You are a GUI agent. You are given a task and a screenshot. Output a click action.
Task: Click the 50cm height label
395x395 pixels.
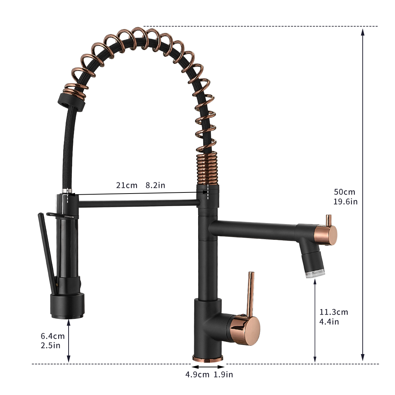pyautogui.click(x=344, y=192)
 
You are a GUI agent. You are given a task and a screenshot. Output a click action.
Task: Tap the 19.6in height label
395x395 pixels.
pyautogui.click(x=345, y=201)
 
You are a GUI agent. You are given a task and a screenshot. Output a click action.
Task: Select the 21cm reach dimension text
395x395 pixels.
pyautogui.click(x=126, y=185)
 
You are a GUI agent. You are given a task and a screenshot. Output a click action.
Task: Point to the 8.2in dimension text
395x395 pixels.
pyautogui.click(x=155, y=185)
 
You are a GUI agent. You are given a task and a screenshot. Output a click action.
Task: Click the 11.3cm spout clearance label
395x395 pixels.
pyautogui.click(x=334, y=312)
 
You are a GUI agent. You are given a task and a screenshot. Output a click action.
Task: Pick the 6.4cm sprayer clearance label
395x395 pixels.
pyautogui.click(x=52, y=336)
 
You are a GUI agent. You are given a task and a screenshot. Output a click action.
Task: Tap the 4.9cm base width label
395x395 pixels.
pyautogui.click(x=197, y=375)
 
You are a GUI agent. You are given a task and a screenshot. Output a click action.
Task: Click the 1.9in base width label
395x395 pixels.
pyautogui.click(x=223, y=375)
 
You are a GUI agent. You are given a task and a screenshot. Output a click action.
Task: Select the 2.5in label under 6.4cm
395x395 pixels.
pyautogui.click(x=50, y=345)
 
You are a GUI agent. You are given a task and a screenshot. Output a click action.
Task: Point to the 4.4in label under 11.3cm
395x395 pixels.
pyautogui.click(x=329, y=321)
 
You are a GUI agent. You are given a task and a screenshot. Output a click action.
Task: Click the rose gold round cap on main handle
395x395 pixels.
pyautogui.click(x=250, y=329)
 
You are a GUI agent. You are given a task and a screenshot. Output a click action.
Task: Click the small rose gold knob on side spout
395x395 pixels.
pyautogui.click(x=328, y=220)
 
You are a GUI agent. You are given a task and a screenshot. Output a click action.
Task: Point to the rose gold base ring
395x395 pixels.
pyautogui.click(x=208, y=358)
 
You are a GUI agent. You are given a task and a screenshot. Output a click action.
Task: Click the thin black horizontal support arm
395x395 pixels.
pyautogui.click(x=138, y=204)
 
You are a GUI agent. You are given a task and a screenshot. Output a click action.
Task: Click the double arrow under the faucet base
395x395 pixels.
pyautogui.click(x=208, y=367)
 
